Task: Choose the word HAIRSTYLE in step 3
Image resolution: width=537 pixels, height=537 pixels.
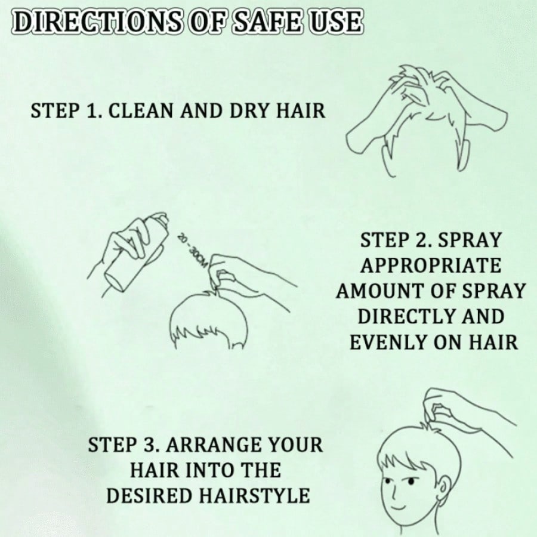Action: pyautogui.click(x=255, y=495)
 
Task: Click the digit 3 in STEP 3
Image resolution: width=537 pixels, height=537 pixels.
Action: pyautogui.click(x=147, y=445)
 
